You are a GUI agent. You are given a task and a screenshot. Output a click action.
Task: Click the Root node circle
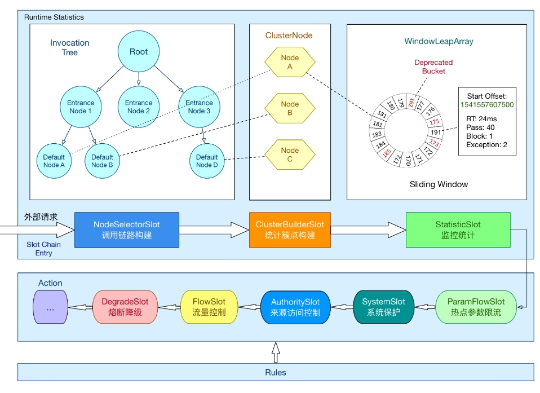pos(139,51)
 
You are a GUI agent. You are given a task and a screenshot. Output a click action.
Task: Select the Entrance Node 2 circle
pos(139,107)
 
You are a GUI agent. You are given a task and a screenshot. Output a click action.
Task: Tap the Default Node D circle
pos(207,161)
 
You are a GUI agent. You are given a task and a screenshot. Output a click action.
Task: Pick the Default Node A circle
pos(54,161)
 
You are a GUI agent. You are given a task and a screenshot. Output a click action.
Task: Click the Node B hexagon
pos(290,108)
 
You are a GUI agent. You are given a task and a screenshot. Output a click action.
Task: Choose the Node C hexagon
pos(290,154)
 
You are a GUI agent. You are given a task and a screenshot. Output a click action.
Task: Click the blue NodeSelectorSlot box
pos(127,229)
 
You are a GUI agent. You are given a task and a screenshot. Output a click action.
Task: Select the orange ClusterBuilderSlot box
pos(290,229)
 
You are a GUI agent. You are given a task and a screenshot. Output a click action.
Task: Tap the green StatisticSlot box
pos(458,229)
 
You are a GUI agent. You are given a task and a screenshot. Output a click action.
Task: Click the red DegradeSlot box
pos(125,307)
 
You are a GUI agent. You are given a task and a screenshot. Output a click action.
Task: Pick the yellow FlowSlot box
pos(209,307)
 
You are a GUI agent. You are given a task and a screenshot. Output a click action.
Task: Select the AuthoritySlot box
pos(295,307)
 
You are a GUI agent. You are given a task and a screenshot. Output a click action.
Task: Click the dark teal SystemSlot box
pos(383,307)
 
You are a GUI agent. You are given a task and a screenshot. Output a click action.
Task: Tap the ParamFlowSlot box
pos(476,307)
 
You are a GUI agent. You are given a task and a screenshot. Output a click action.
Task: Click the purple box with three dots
pos(50,307)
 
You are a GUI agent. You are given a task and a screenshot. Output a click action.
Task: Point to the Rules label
pos(276,372)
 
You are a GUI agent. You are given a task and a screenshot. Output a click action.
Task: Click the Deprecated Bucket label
pos(433,67)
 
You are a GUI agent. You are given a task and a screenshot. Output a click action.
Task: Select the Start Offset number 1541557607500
pos(487,105)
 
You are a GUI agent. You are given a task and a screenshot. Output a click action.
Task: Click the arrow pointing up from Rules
pos(276,352)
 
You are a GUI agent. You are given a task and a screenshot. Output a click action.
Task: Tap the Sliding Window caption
pos(439,184)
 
